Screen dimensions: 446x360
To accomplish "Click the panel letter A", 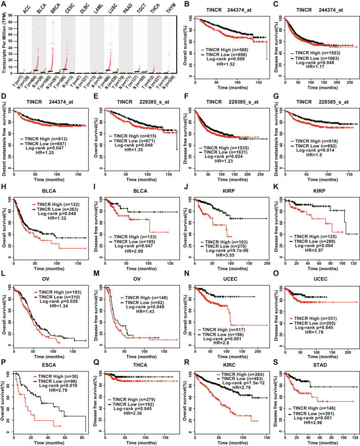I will (x=4, y=4).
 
